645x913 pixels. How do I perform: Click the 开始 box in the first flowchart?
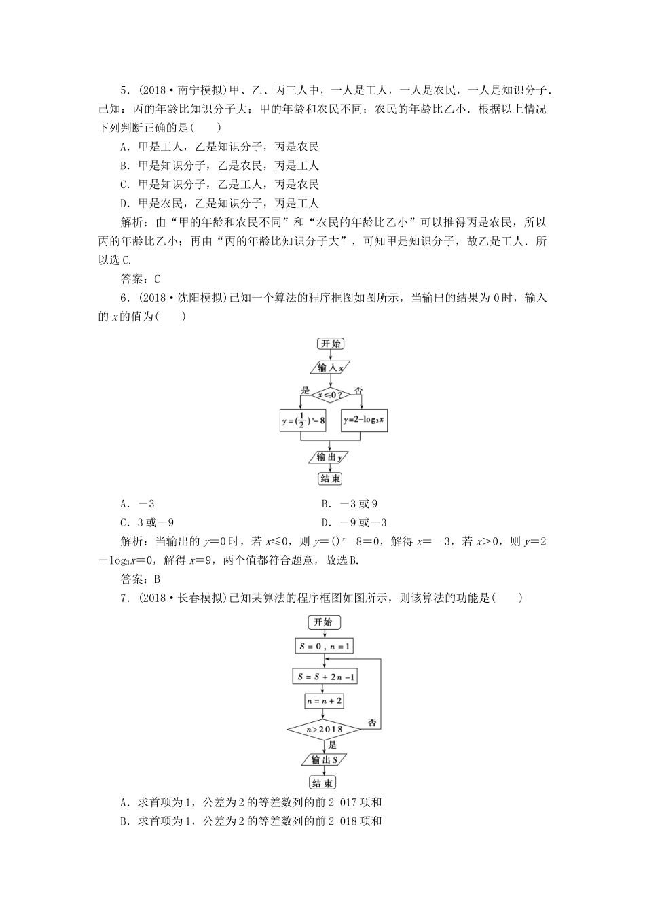click(x=330, y=344)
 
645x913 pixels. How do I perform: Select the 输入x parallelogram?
click(x=330, y=367)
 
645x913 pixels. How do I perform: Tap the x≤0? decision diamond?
click(x=330, y=393)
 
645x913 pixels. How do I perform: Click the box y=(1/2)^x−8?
click(x=303, y=421)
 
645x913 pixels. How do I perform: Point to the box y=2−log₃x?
click(x=364, y=420)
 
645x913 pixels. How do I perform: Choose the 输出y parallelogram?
click(x=330, y=456)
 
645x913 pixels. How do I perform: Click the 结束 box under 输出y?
click(x=330, y=478)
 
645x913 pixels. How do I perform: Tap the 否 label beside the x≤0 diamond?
click(x=358, y=390)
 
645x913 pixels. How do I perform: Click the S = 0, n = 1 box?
click(x=325, y=646)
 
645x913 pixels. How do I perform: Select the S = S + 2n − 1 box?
click(x=325, y=677)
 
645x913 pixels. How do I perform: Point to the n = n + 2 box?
click(x=325, y=701)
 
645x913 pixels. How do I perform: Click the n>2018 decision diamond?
click(x=325, y=730)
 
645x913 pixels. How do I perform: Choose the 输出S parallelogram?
click(x=325, y=759)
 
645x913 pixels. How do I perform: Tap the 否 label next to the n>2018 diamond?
click(x=372, y=723)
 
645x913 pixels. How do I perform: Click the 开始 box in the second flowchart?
click(x=325, y=622)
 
